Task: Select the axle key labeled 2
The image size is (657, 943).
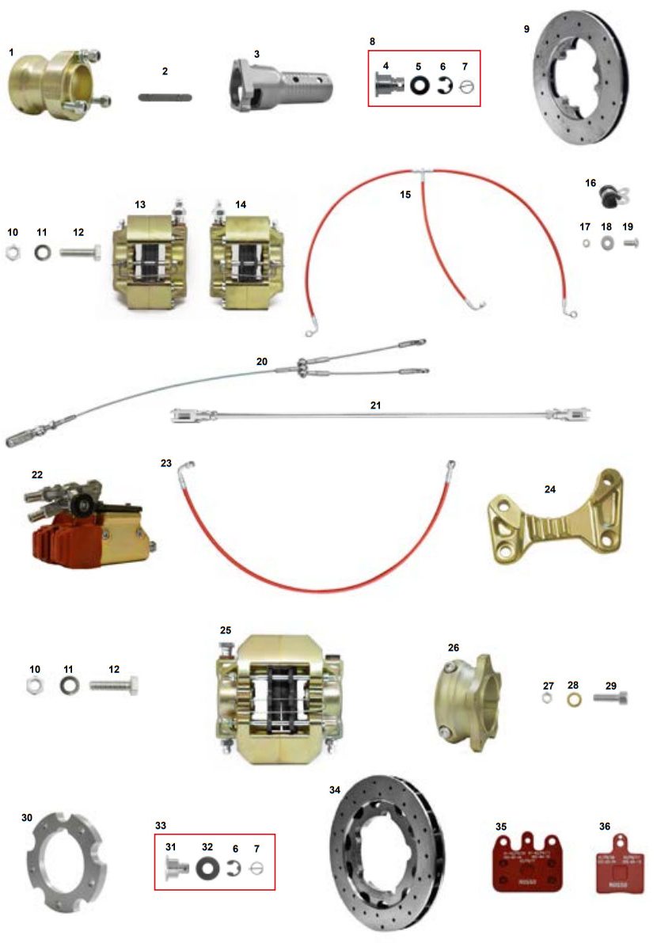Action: click(165, 97)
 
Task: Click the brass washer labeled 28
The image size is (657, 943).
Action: click(572, 700)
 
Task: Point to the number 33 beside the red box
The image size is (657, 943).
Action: click(161, 825)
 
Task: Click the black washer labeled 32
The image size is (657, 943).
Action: click(207, 869)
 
